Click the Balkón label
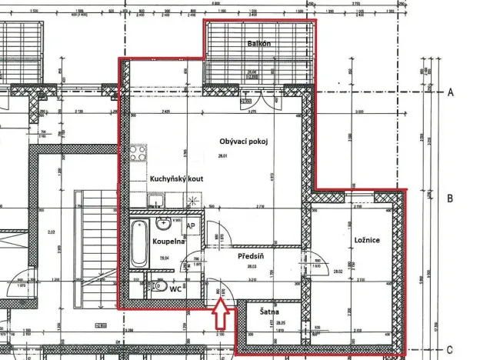click(259, 44)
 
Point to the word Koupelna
click(167, 241)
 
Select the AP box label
click(190, 227)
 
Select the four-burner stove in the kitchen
click(138, 153)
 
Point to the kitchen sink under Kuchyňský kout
click(157, 203)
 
